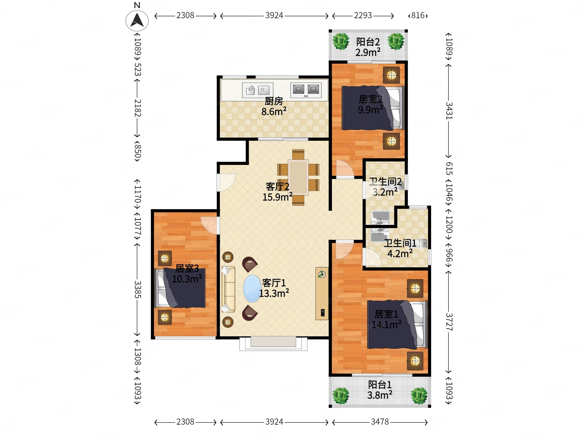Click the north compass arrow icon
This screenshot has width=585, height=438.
[137, 20]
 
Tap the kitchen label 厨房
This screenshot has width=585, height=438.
[274, 101]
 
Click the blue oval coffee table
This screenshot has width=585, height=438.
[252, 288]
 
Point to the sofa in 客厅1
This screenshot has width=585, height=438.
[228, 289]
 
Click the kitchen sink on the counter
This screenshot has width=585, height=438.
[258, 90]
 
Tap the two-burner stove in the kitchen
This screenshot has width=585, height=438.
[306, 90]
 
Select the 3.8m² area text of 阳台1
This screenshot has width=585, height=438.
[379, 395]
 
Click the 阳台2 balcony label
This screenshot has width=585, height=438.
[368, 42]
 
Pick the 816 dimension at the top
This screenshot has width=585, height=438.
[418, 16]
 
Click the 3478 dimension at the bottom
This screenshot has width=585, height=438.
[380, 422]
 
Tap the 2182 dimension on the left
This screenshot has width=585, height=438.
[138, 108]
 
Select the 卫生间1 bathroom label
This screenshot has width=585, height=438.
[400, 243]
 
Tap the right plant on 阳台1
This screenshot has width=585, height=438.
[419, 395]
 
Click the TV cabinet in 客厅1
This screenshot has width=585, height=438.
[322, 294]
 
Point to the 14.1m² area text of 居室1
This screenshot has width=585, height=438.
[386, 324]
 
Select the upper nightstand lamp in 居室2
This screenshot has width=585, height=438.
[391, 75]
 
